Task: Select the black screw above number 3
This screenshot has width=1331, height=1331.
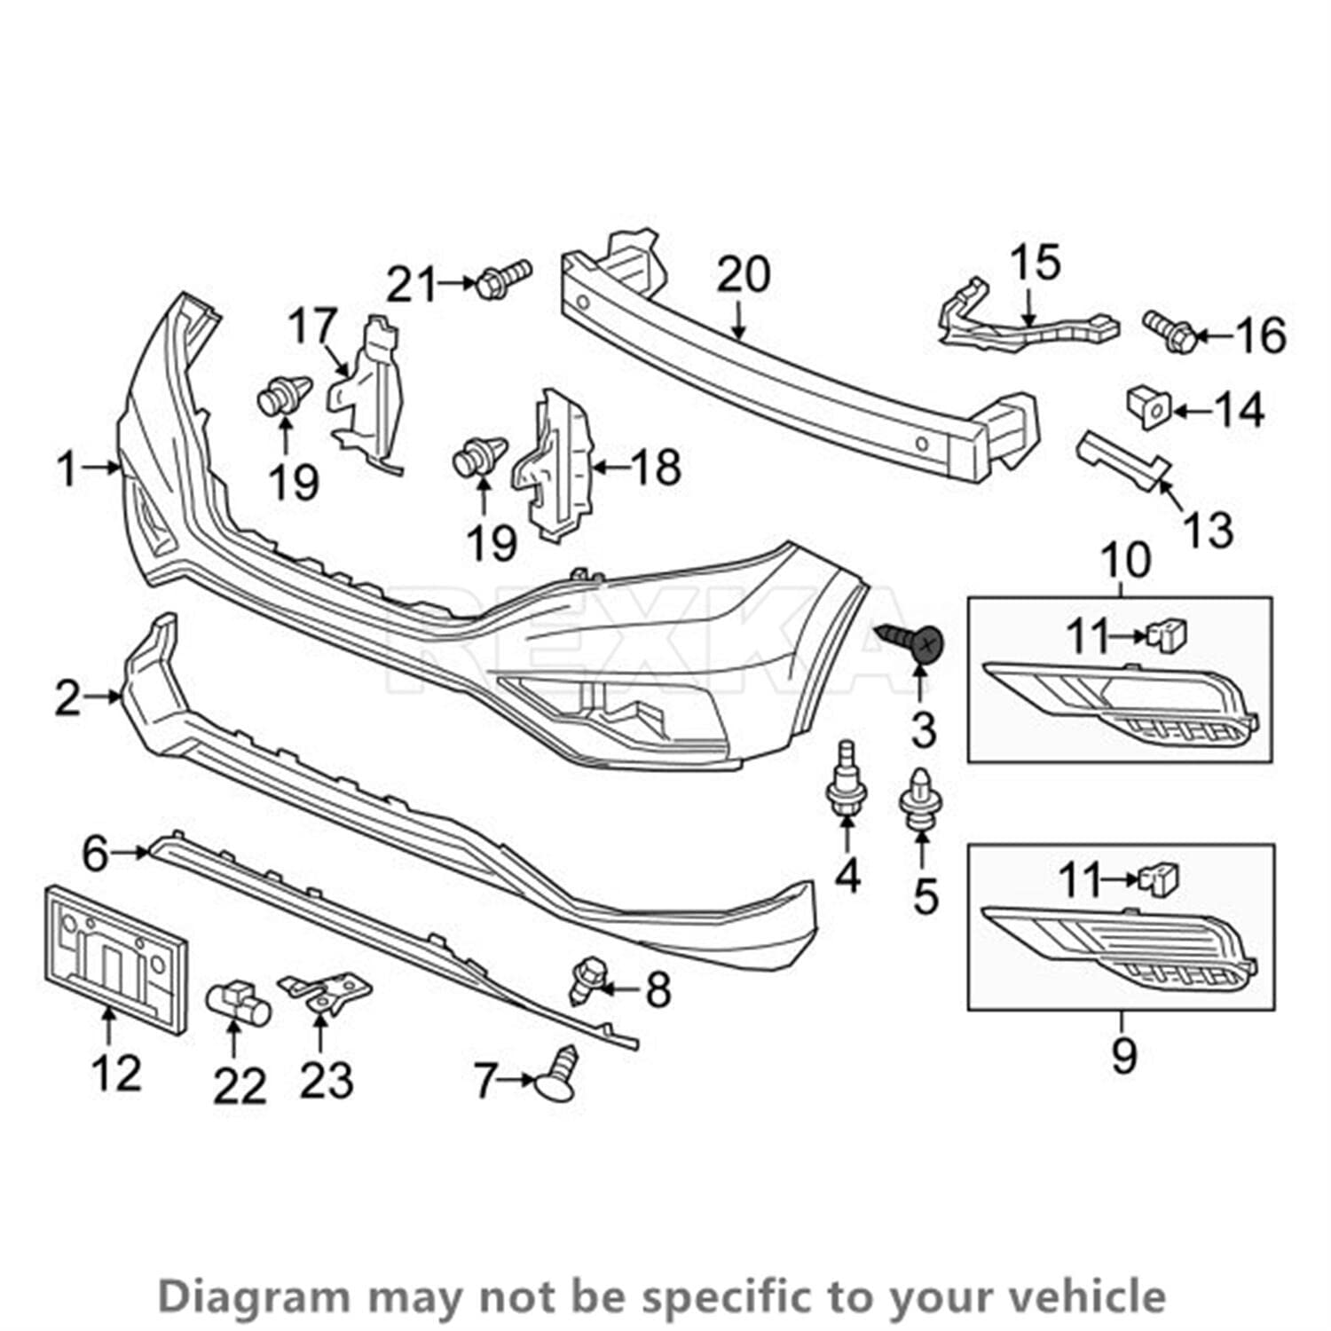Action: click(x=914, y=641)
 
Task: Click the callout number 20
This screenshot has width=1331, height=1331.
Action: click(x=744, y=276)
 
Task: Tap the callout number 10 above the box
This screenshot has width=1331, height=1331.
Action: click(x=1125, y=561)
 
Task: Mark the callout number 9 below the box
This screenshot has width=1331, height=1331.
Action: click(x=1122, y=1055)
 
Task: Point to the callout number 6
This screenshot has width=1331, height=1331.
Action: click(x=95, y=855)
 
